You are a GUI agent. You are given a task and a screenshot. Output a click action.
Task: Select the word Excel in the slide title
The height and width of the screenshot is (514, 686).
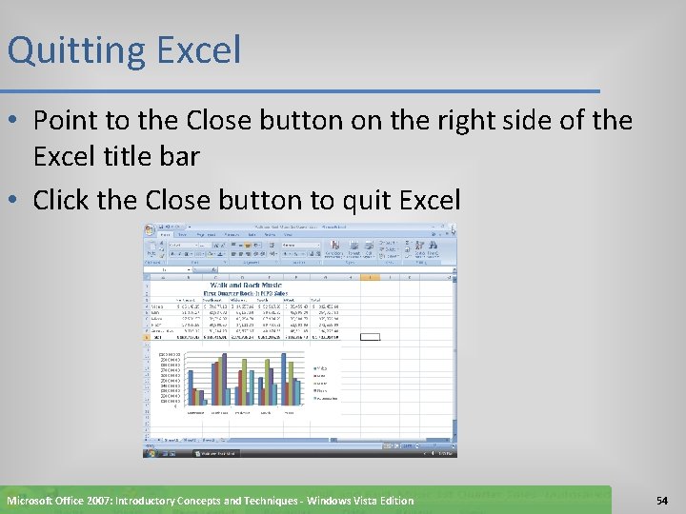click(x=195, y=50)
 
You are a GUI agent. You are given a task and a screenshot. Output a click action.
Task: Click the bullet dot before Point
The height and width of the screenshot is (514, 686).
click(x=16, y=122)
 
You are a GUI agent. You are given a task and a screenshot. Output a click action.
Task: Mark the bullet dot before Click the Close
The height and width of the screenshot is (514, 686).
click(x=16, y=201)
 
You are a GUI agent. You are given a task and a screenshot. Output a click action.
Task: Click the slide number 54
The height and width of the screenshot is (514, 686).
click(x=663, y=501)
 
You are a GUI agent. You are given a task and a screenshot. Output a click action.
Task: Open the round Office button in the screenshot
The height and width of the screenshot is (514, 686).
click(x=150, y=230)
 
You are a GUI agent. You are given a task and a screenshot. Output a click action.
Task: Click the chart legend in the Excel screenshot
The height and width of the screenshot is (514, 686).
click(x=325, y=385)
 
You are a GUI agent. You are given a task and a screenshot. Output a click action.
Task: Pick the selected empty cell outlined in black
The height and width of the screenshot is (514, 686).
click(x=370, y=336)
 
